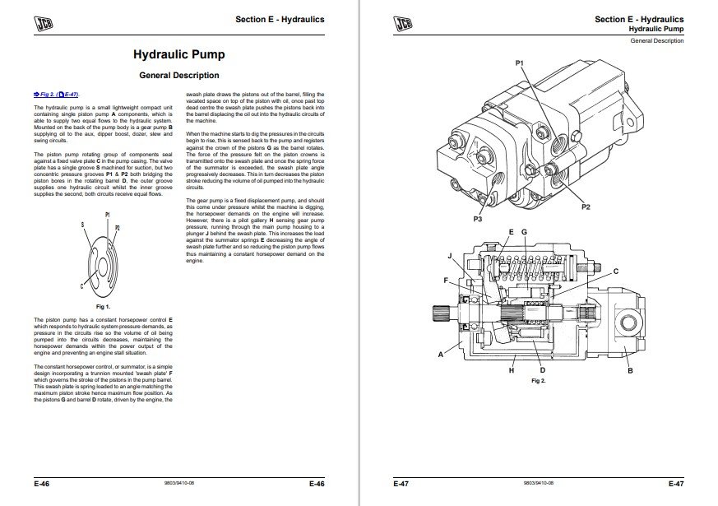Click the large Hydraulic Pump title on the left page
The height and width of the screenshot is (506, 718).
[178, 55]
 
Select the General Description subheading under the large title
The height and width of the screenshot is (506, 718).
[178, 75]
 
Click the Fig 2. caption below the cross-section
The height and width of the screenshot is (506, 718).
[539, 381]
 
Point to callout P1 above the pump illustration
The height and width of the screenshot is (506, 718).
[519, 63]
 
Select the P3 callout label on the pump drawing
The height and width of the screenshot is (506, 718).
[477, 220]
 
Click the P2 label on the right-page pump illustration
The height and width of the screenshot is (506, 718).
[586, 207]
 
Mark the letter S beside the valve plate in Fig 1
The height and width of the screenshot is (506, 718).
[82, 224]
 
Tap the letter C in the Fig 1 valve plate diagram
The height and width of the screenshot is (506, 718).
[82, 285]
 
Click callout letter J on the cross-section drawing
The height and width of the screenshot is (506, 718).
[450, 256]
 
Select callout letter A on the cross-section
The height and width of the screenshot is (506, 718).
[440, 355]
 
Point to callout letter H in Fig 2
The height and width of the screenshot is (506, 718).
[511, 371]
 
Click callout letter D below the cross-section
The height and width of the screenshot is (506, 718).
[540, 370]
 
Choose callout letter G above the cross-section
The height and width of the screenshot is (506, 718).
[524, 233]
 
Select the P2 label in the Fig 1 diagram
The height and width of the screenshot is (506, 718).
[117, 227]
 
